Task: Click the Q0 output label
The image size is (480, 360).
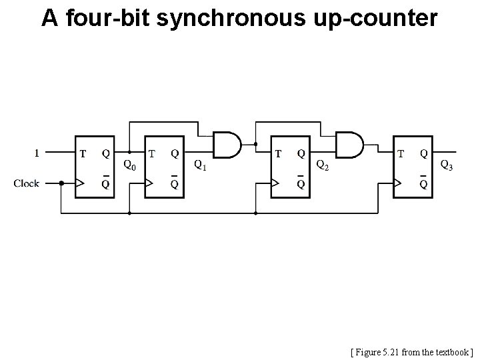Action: coord(130,165)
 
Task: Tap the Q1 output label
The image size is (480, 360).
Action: coord(199,165)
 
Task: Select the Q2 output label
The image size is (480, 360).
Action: coord(321,165)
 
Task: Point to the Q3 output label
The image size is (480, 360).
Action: coord(447,165)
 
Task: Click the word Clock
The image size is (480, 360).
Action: coord(27,183)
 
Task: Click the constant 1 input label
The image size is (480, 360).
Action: coord(37,153)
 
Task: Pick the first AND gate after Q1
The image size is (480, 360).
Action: coord(225,144)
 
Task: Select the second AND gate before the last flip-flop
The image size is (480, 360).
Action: coord(349,144)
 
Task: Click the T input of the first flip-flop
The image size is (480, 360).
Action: coord(83,153)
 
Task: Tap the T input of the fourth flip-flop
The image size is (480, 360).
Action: coord(401,153)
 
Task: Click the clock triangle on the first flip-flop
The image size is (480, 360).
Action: coord(80,183)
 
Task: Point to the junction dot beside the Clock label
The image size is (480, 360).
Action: coord(61,183)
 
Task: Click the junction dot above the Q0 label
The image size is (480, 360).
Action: coord(129,153)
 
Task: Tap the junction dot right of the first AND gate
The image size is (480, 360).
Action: coord(255,144)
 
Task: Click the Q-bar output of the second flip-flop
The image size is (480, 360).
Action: coord(174,184)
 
